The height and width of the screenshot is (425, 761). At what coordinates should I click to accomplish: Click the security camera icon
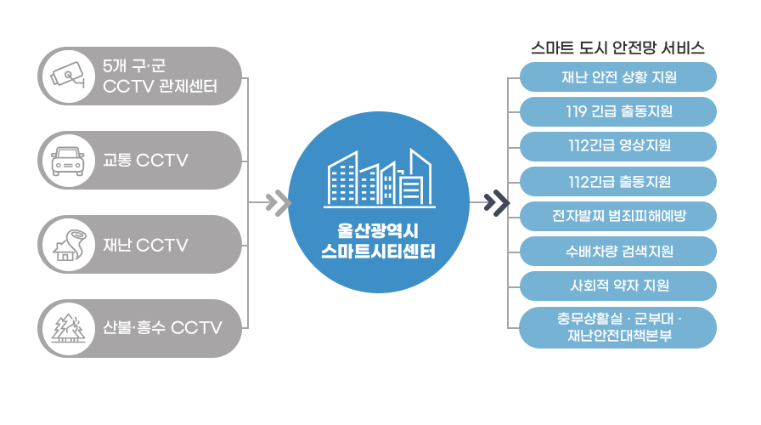68,76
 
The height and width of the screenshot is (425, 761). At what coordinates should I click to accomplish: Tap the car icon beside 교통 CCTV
68,161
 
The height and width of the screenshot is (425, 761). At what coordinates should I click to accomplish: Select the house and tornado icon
69,245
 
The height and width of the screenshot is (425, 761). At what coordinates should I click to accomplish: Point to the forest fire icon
69,328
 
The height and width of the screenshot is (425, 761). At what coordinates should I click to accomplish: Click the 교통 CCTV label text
145,161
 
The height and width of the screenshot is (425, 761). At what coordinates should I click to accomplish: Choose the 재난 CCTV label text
145,245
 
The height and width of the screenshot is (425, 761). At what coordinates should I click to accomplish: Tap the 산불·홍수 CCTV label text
162,328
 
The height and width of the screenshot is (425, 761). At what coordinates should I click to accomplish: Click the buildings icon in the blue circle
379,178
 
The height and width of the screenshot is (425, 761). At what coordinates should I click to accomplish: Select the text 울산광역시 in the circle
378,230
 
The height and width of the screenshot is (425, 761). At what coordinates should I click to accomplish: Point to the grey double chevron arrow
278,202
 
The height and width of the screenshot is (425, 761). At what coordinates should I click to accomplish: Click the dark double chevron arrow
497,202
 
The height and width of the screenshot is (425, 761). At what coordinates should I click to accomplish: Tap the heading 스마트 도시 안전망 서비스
617,48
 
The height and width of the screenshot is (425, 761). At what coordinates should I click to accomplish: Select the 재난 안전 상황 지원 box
618,76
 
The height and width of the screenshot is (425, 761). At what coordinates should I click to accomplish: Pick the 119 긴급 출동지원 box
618,111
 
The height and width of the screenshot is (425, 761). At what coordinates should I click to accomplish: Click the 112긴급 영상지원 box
618,146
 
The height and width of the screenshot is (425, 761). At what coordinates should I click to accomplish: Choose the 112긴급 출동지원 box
618,181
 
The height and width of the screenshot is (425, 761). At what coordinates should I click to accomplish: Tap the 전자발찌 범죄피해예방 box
618,216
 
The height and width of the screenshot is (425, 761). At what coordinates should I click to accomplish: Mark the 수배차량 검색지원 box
618,251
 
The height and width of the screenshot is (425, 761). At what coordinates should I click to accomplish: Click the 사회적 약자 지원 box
618,286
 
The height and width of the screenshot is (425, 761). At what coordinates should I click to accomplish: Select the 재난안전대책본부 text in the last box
620,336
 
